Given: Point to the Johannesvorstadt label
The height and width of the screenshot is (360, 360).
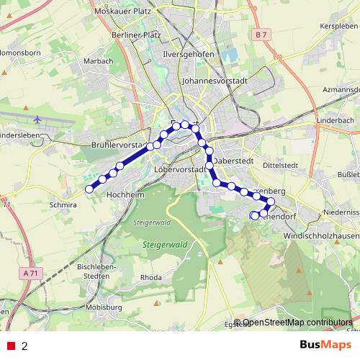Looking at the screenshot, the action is coord(216,82).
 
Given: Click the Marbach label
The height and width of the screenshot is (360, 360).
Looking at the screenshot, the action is coord(99,61).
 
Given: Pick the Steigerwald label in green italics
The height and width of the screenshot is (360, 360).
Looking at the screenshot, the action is coord(165,245).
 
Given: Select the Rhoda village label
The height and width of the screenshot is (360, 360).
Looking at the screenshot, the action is coord(150,277).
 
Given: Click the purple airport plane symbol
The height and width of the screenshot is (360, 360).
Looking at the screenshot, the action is coord(37,118).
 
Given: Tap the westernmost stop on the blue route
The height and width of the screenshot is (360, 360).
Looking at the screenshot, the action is coord(90,189).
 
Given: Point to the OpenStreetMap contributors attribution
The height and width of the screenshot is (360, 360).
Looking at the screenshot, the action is coord(297,323).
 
